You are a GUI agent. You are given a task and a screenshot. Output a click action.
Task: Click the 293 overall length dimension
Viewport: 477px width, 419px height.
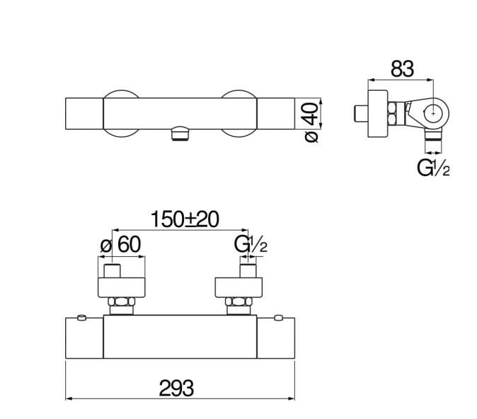pyautogui.click(x=178, y=388)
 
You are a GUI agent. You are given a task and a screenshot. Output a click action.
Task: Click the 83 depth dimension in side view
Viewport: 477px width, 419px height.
pyautogui.click(x=401, y=69)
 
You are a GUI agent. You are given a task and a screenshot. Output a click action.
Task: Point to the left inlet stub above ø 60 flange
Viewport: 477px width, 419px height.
pyautogui.click(x=113, y=271)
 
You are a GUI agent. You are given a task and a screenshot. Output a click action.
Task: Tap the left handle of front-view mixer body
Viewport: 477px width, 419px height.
pyautogui.click(x=85, y=338)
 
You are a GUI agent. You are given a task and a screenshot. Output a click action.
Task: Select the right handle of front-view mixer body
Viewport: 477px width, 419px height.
pyautogui.click(x=274, y=338)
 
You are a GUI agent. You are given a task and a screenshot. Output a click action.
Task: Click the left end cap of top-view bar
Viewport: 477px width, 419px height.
pyautogui.click(x=84, y=114)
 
